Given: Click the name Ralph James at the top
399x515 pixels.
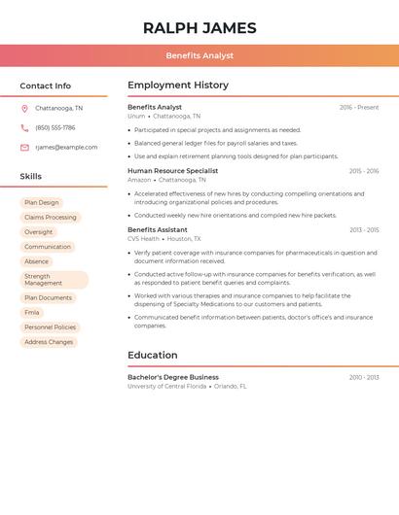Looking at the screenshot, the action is point(199,28).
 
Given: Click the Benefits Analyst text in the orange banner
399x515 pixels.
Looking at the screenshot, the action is point(199,56).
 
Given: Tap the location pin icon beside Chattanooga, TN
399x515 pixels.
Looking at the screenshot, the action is point(24,109).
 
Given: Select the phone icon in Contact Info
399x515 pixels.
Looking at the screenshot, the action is point(24,128).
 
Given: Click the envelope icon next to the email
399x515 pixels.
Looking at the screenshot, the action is point(24,148).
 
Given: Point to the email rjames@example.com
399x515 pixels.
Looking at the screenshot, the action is point(66,148).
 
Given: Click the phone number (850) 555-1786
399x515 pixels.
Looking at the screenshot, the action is point(55,128).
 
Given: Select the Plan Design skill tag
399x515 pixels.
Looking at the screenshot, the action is point(42,203).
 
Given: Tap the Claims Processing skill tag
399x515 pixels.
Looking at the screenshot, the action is point(50,218).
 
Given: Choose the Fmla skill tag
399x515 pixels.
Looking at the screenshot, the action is point(32,313).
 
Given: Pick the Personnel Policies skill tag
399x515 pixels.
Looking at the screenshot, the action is point(50,327).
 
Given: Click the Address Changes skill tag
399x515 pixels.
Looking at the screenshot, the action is point(49,342).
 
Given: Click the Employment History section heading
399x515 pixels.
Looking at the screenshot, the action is point(178,86).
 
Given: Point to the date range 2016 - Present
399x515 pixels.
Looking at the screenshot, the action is point(359,108).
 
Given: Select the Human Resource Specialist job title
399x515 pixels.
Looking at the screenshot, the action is point(172,171).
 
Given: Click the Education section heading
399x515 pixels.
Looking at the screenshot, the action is point(153,356).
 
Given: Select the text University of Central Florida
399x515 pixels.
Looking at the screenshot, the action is point(166,387).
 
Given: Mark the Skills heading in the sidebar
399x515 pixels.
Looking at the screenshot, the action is point(31,177).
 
